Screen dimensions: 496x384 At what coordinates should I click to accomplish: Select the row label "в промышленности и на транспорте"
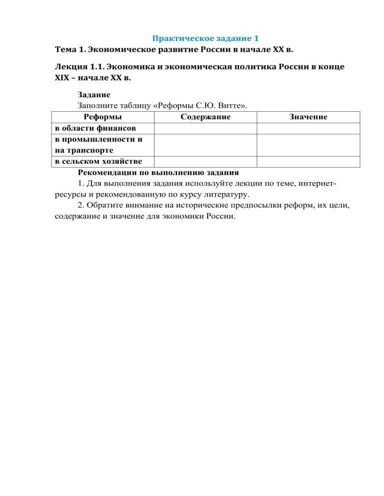(x=98, y=145)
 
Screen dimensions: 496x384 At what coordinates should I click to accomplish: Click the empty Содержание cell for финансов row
(x=205, y=128)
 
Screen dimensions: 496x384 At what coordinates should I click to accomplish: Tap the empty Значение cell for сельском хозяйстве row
(x=308, y=161)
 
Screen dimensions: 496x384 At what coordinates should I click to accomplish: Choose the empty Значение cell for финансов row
(x=308, y=128)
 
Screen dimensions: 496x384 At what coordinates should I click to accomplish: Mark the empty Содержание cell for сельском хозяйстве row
(x=205, y=161)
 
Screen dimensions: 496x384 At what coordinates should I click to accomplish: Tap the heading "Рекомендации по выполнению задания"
(x=158, y=172)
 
